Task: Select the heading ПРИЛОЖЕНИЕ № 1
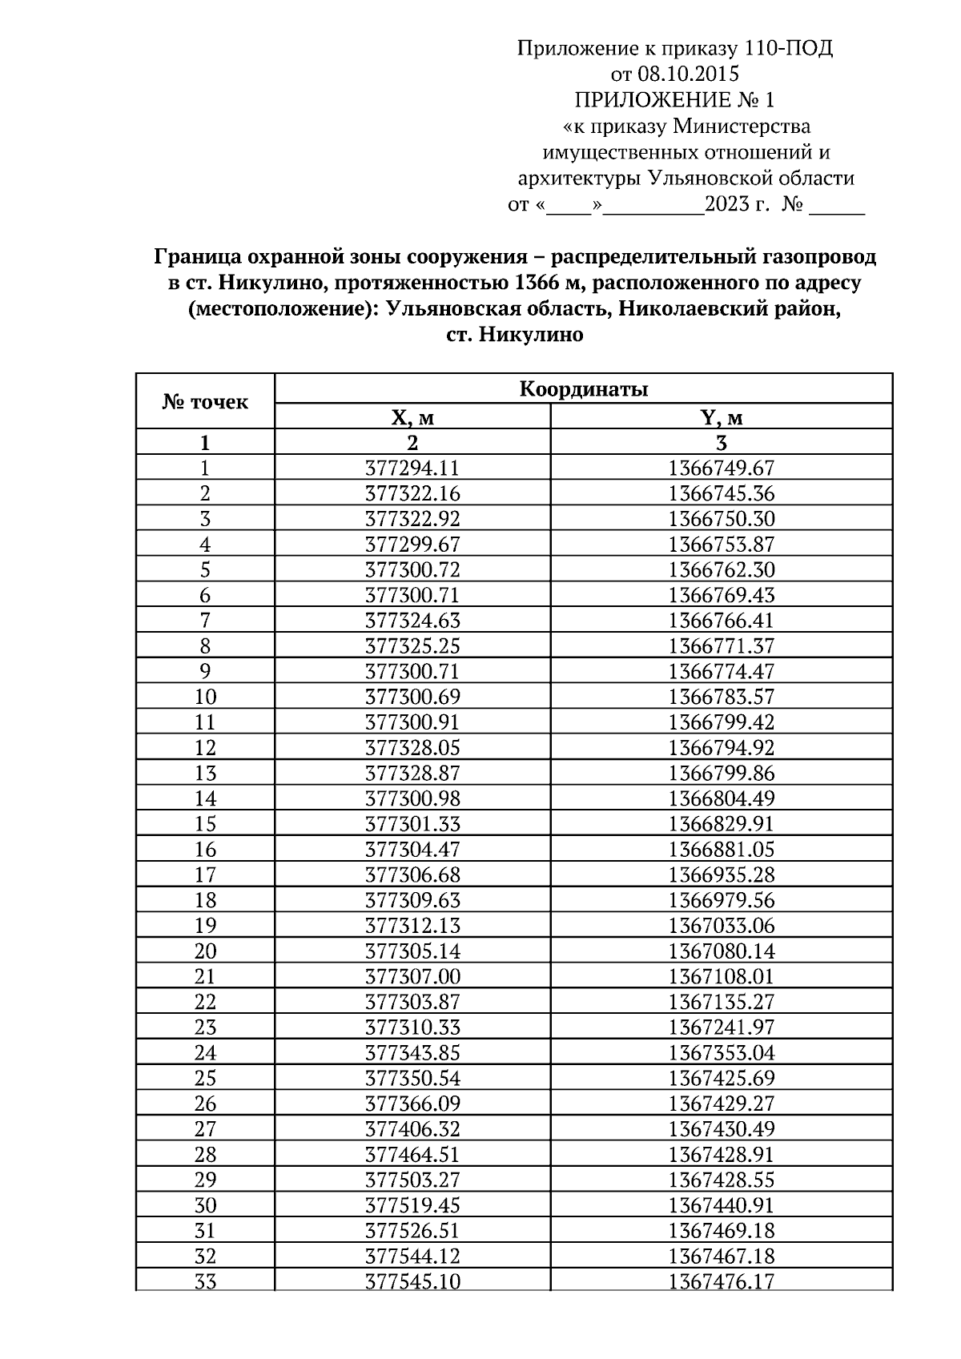674,100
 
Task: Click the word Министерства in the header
742,127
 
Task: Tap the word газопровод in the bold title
817,257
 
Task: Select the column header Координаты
583,390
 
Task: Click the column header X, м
412,418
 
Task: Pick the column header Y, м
722,418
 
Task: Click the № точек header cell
205,402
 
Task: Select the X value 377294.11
412,468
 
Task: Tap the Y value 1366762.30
722,570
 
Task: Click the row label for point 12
205,748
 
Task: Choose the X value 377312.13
412,926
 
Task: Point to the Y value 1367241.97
722,1027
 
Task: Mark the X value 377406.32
412,1129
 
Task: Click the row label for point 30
205,1205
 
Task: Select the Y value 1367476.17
722,1281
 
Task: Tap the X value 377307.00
412,977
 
